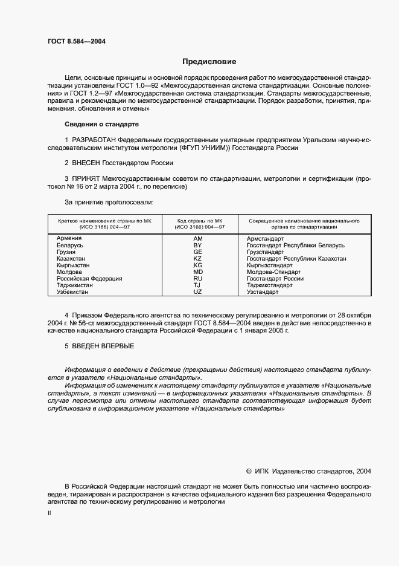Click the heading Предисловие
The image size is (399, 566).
(209, 62)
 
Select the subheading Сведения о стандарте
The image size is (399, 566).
(101, 124)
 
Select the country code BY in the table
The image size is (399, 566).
(197, 245)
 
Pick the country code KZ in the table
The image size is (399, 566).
(197, 258)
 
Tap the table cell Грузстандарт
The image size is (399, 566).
(265, 252)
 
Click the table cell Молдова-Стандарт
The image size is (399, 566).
(273, 272)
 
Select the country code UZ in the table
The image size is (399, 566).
(197, 291)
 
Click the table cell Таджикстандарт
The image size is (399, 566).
(269, 285)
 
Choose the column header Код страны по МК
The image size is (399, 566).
(199, 221)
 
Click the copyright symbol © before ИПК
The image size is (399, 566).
(249, 471)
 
